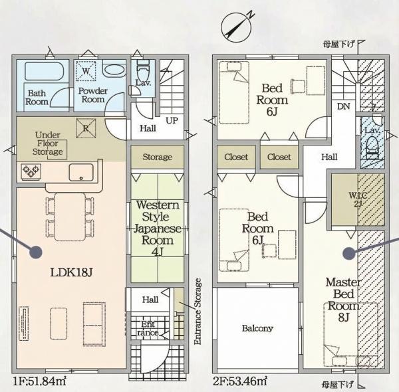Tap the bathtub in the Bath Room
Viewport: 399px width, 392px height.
coord(44,71)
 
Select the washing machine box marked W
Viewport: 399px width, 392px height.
coord(86,71)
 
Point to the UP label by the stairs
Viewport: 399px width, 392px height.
coord(172,120)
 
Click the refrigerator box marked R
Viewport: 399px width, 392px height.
coord(86,128)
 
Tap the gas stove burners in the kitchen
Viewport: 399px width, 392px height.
coord(31,172)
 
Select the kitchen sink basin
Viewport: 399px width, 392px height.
coord(81,172)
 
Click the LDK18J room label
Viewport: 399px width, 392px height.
coord(71,272)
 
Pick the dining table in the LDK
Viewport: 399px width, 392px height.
coord(70,217)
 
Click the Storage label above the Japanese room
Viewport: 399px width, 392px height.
coord(157,157)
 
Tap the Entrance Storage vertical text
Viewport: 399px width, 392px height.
coord(198,312)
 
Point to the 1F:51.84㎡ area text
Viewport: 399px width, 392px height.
coord(39,381)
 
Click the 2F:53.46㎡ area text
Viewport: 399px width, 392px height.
coord(240,381)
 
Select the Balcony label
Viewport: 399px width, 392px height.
coord(257,328)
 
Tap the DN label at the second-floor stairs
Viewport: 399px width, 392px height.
coord(344,106)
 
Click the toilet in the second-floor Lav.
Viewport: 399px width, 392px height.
coord(372,148)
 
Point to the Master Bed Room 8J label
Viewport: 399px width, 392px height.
coord(344,300)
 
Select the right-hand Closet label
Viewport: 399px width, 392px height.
coord(279,157)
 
